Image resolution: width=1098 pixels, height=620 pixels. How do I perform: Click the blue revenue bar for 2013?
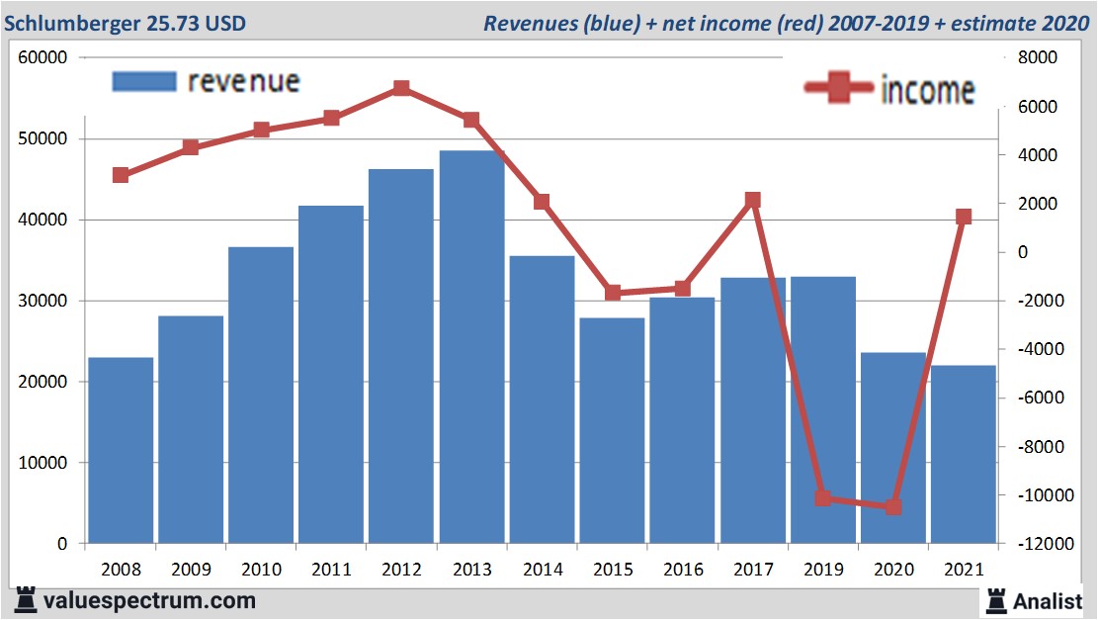(471, 346)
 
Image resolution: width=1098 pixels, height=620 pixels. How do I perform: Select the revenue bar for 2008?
(121, 450)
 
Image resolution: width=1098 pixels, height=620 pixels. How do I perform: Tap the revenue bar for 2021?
(964, 454)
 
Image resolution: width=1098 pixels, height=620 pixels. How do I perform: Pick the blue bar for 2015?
(612, 430)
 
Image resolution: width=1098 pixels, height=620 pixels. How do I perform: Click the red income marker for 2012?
(401, 88)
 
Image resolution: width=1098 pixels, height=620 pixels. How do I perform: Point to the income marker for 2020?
(893, 507)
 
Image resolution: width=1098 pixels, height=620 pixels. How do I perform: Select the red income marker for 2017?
(753, 200)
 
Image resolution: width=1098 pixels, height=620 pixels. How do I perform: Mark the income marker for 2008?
(121, 175)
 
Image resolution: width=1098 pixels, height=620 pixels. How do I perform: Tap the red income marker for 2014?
(542, 202)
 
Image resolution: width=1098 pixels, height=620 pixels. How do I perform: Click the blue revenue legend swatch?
(144, 81)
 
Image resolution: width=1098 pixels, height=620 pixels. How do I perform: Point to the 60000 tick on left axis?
(42, 57)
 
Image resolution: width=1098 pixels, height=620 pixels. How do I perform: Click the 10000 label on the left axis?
(42, 463)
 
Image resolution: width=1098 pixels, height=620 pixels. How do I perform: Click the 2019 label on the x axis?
(823, 570)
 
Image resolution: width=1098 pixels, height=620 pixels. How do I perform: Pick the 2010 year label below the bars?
(261, 570)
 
